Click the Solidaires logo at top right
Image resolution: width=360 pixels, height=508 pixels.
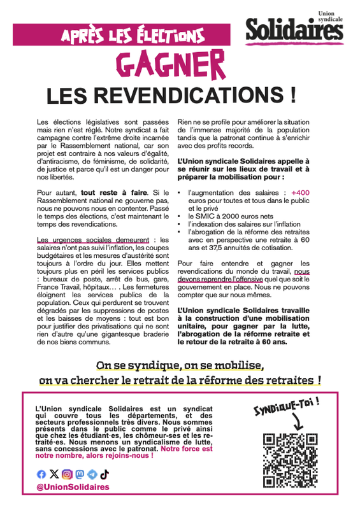[294, 29]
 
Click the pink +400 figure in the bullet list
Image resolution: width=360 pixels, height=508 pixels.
[300, 192]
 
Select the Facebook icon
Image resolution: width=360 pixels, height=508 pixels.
[41, 474]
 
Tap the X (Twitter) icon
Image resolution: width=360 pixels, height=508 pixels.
[54, 474]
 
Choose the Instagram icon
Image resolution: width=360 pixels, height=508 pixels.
[66, 474]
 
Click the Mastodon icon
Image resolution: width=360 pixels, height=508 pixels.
[80, 474]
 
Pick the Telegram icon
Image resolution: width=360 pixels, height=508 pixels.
[92, 474]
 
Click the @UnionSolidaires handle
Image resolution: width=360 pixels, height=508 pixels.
[73, 487]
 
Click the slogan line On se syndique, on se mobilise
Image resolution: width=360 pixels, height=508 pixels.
[179, 366]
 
